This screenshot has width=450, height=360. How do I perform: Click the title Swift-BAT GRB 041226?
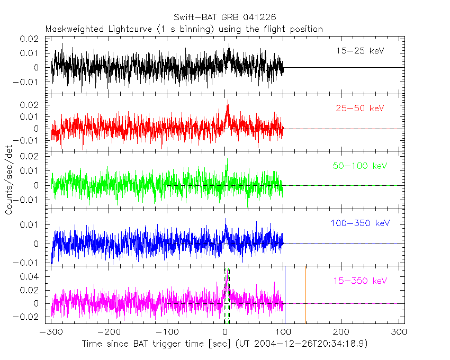pos(225,17)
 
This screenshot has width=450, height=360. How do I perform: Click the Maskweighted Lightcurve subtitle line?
pos(184,29)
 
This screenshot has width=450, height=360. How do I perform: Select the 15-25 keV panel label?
pos(359,51)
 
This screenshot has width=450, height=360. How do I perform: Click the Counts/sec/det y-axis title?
pos(9,181)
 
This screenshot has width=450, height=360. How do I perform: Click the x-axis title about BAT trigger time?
pos(224,344)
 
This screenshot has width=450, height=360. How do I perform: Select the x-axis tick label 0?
pos(225,332)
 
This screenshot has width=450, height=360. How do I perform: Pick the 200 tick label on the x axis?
pos(341,332)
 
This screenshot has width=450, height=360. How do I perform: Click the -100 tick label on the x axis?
pos(167,332)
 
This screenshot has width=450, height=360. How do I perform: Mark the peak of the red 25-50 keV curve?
pos(228,100)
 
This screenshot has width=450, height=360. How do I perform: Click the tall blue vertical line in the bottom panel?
pos(285,294)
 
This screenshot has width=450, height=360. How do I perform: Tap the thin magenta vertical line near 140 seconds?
pos(305,294)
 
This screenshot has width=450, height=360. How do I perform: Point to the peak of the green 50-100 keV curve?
pos(227,159)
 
